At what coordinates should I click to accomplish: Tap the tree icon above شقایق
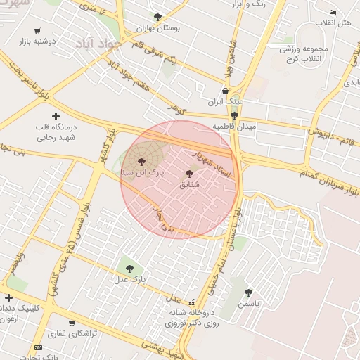189,174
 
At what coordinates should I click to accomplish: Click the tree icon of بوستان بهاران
157,17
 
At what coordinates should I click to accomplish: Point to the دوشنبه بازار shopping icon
37,32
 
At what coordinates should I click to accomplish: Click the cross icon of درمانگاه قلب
56,116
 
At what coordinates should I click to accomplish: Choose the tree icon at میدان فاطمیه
234,115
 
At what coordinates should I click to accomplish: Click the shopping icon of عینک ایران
225,91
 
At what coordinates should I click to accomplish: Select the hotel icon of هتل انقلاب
333,13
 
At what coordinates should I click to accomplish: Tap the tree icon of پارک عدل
128,268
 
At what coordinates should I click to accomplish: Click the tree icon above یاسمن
247,292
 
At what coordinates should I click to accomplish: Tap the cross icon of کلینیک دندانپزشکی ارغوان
8,298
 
